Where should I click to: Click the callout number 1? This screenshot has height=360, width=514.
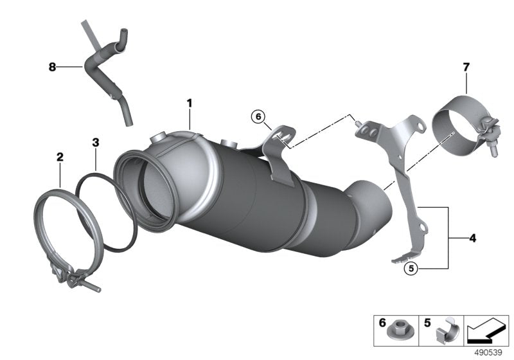pyautogui.click(x=190, y=103)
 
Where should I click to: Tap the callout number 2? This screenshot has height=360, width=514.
pyautogui.click(x=60, y=156)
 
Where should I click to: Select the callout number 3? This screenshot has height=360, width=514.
pyautogui.click(x=94, y=142)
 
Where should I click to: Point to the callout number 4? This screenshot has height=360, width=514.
pyautogui.click(x=472, y=239)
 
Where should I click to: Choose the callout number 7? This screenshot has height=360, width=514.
pyautogui.click(x=466, y=66)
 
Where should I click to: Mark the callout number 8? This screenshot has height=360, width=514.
pyautogui.click(x=53, y=66)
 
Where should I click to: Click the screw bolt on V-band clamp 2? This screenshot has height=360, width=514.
pyautogui.click(x=90, y=285)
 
